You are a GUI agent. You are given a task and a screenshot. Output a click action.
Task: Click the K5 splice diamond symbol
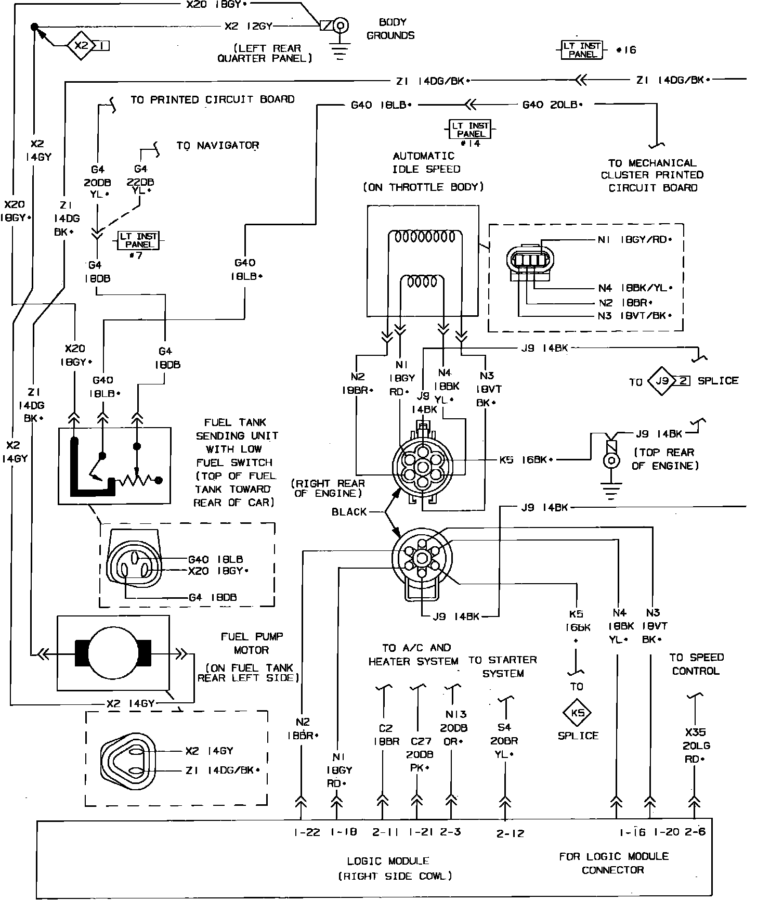click(578, 713)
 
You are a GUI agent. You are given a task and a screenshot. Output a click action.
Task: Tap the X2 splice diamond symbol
click(81, 46)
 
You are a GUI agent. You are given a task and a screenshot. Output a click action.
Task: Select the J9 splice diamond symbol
click(661, 381)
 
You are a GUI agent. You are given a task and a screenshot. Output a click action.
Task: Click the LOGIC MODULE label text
click(388, 861)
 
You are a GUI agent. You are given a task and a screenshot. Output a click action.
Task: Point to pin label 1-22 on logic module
click(306, 832)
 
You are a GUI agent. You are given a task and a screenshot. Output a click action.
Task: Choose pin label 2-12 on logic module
click(510, 833)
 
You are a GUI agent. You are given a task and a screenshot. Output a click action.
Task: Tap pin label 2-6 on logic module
click(695, 832)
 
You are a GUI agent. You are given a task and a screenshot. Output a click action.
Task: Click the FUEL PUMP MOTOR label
click(252, 643)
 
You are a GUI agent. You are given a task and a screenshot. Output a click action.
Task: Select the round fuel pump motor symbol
click(113, 652)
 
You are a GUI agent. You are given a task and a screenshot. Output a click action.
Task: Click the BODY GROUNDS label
click(390, 29)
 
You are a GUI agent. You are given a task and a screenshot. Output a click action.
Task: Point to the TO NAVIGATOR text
click(217, 146)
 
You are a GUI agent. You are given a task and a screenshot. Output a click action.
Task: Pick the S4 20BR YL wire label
click(504, 741)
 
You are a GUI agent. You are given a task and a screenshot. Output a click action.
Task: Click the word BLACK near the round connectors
click(349, 512)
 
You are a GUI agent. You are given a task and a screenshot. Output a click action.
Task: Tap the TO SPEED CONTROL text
click(696, 664)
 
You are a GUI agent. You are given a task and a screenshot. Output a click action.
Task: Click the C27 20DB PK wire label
click(421, 754)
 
